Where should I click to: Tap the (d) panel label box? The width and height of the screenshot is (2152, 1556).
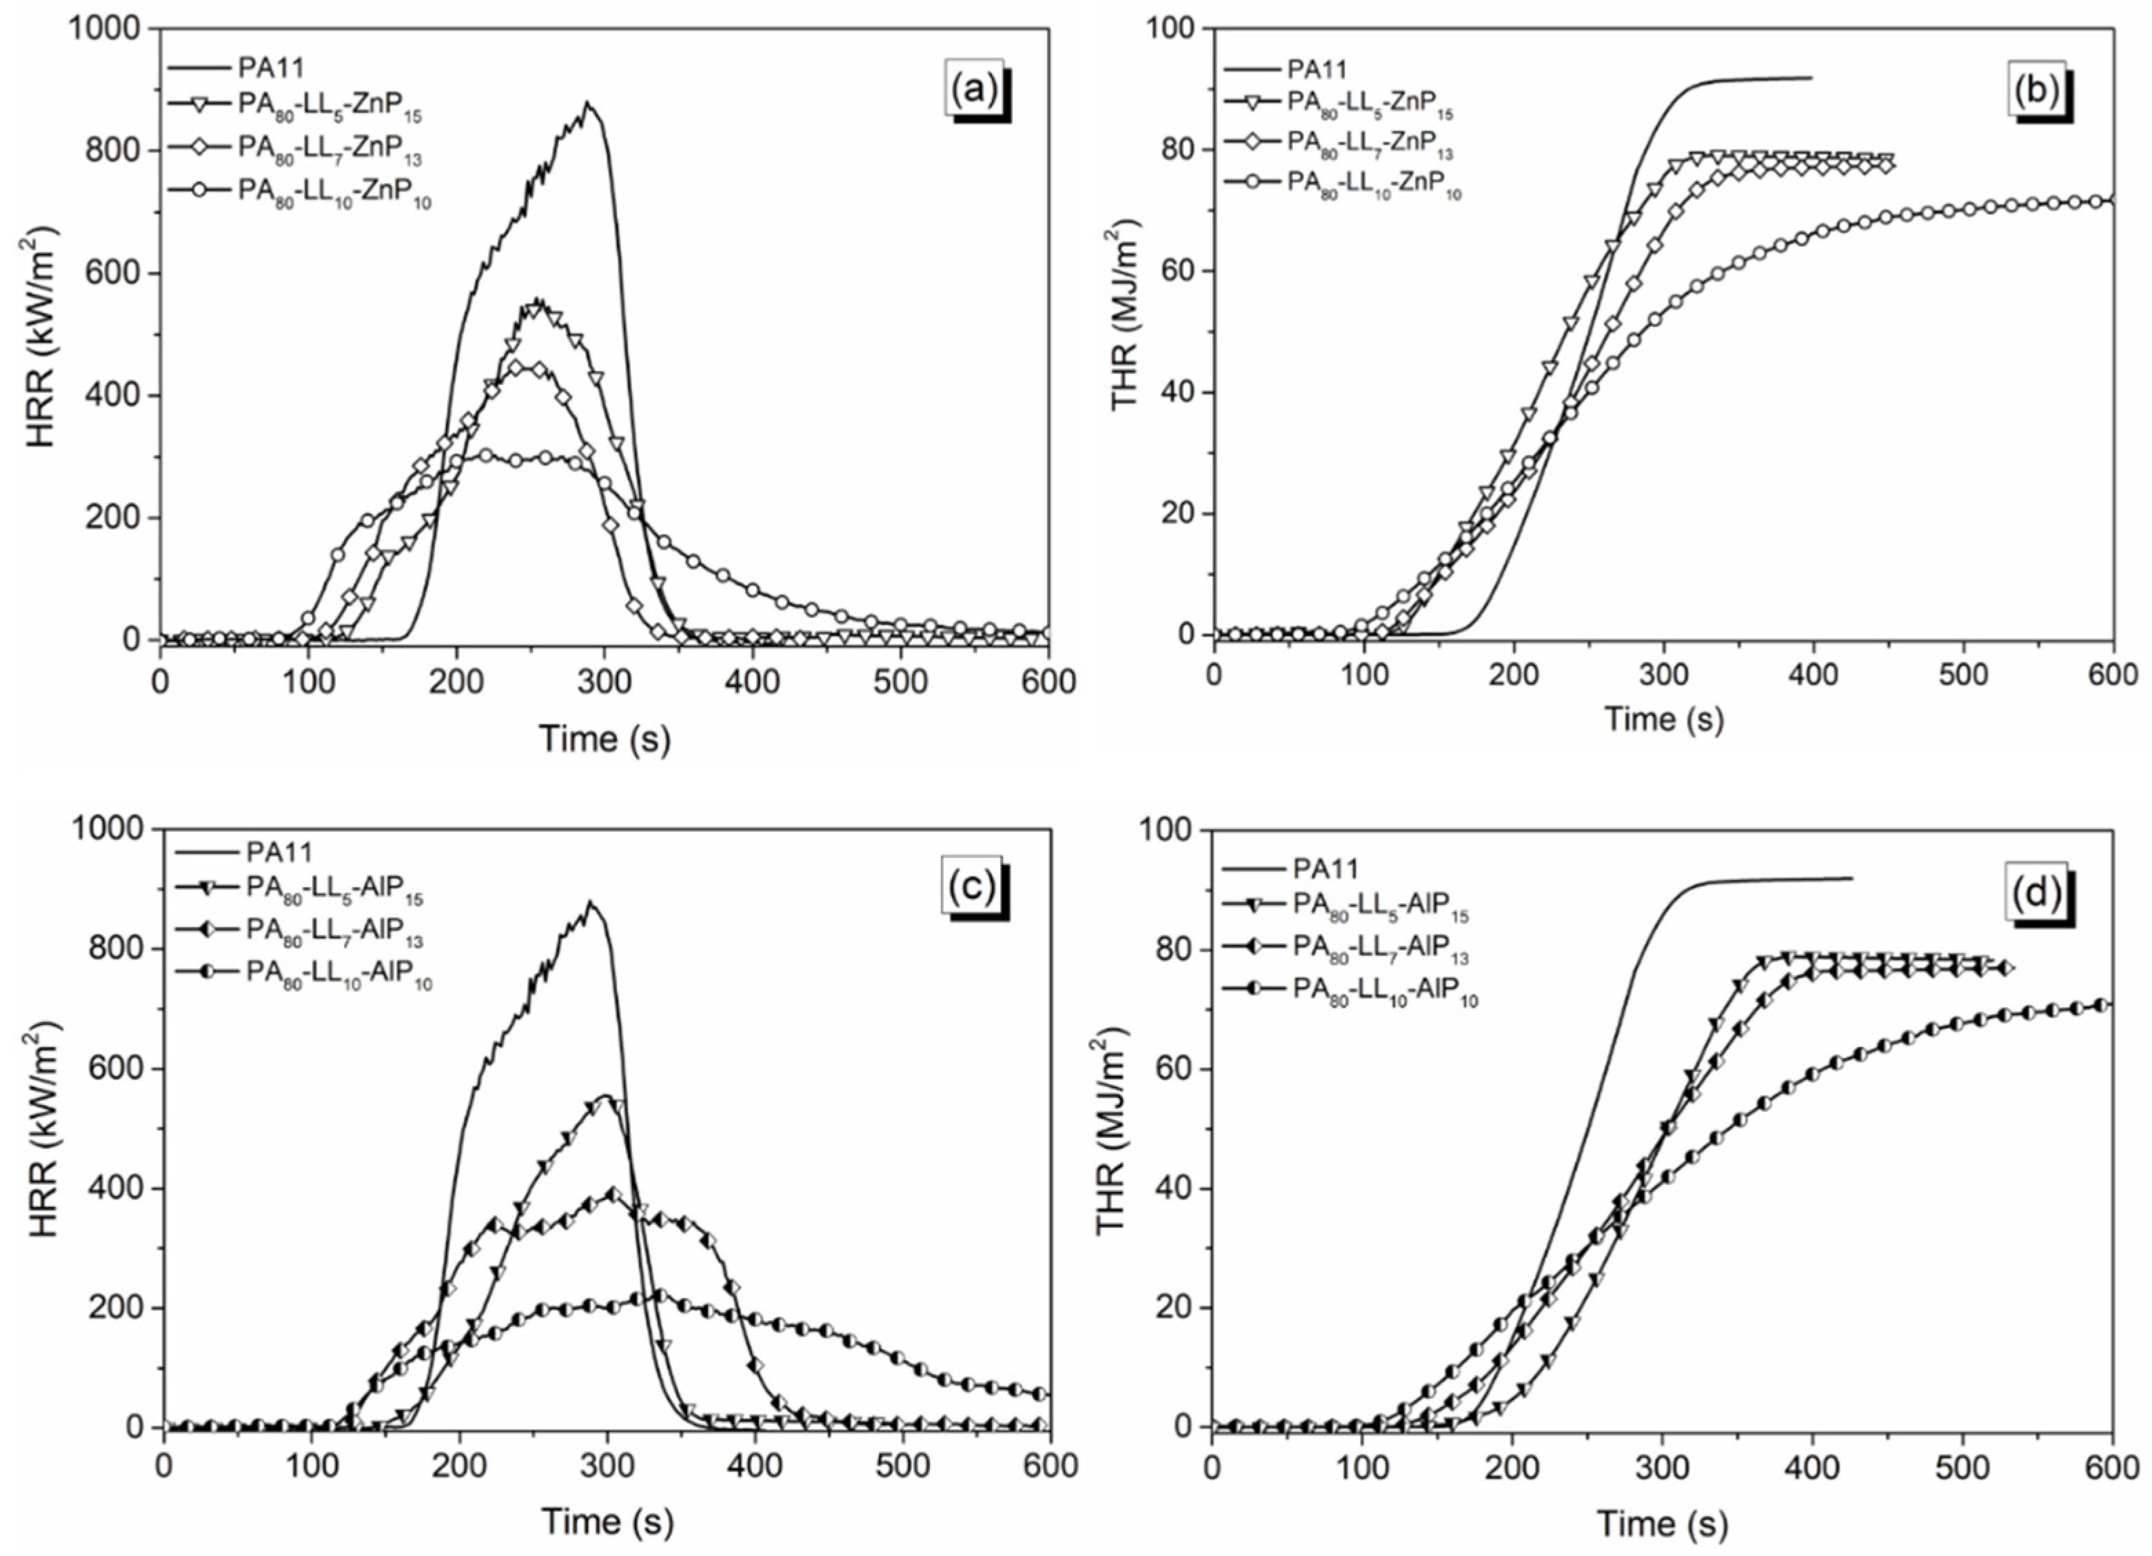(x=2036, y=893)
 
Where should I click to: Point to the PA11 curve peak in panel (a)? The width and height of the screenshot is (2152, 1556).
(x=587, y=103)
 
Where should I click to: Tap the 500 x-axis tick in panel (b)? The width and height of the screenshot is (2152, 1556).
(x=1963, y=675)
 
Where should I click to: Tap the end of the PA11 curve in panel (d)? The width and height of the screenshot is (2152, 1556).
(x=1851, y=877)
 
